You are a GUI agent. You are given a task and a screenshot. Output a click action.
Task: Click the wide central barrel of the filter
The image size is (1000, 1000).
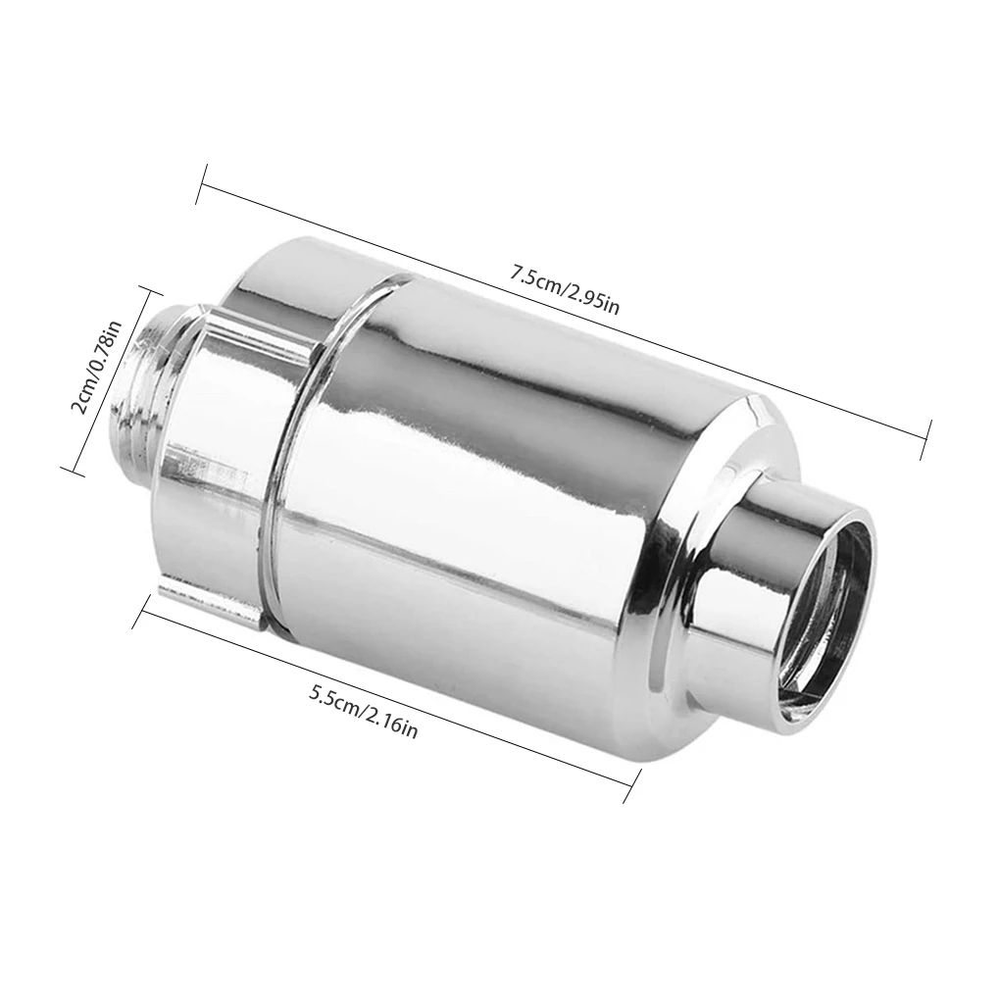coord(490,471)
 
